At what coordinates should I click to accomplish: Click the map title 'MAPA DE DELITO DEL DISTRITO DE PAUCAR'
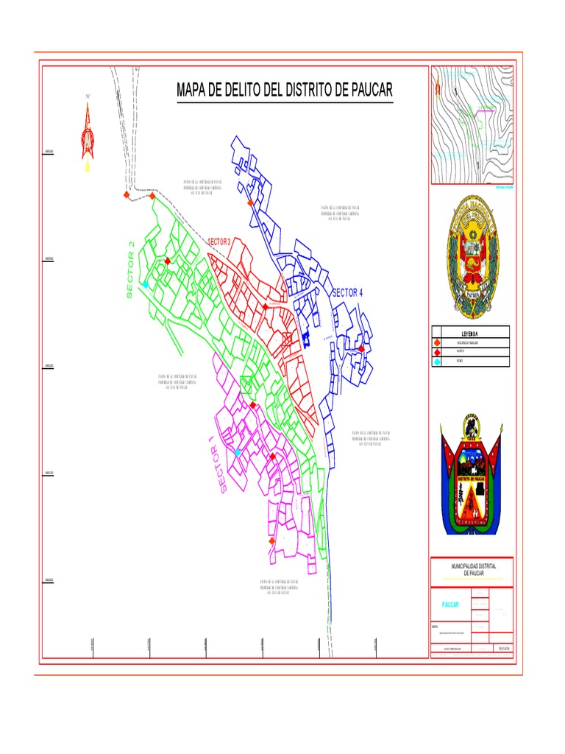(285, 91)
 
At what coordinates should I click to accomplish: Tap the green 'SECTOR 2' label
(131, 270)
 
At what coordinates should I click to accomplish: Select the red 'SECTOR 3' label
(219, 242)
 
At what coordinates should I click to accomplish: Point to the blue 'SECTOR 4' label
(348, 292)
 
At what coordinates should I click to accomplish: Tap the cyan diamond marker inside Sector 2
(146, 284)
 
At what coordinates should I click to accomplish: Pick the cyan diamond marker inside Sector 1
(238, 452)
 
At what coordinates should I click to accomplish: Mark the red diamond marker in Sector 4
(362, 348)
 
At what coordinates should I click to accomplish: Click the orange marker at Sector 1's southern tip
(272, 541)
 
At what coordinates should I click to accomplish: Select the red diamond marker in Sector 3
(266, 307)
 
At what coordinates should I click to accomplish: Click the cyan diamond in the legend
(438, 362)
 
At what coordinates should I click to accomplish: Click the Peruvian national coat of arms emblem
(472, 253)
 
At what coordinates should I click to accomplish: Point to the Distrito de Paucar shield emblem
(471, 475)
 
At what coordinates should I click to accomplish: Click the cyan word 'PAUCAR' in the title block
(449, 605)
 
